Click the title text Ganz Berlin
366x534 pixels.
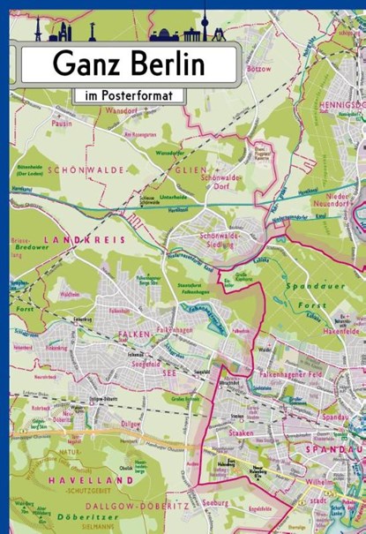click(x=128, y=64)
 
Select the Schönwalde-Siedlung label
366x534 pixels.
click(x=225, y=243)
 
